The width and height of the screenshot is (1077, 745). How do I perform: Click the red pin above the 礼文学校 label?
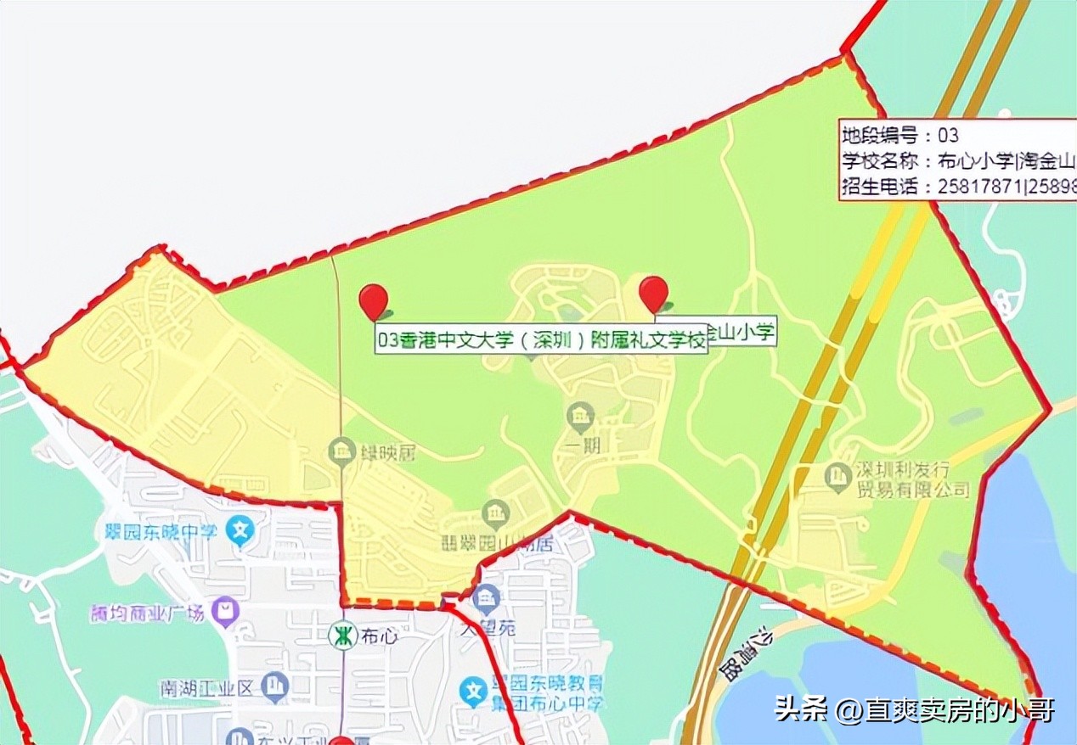coord(373,300)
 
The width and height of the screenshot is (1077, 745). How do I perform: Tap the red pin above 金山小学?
coord(653,293)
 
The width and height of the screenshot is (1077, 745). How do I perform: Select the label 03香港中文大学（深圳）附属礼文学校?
coord(542,341)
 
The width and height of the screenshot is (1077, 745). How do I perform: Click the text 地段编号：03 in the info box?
coord(899,135)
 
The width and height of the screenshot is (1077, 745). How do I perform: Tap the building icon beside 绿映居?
coord(341,451)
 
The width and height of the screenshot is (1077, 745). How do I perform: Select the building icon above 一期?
coord(581,416)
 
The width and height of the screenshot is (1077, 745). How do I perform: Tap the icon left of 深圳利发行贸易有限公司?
coord(838,475)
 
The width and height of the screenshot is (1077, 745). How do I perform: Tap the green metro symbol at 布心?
coord(342,636)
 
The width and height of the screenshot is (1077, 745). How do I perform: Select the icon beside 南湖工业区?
coord(274,686)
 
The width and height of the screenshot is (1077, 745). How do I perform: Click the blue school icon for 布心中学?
coord(474,692)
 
